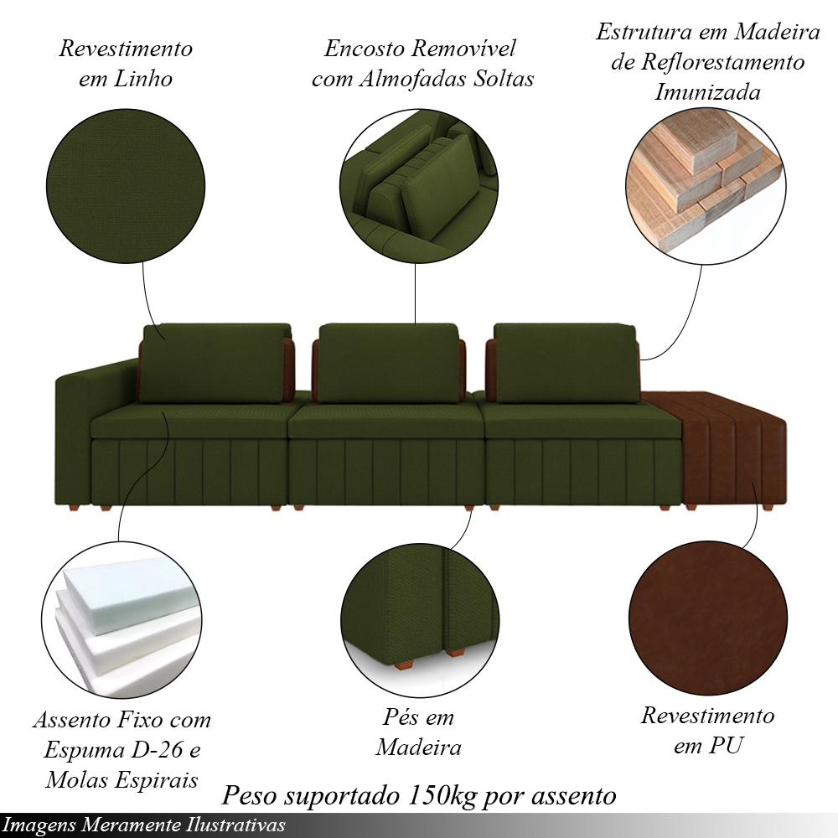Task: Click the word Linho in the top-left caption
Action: (x=143, y=79)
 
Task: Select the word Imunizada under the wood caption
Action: (x=707, y=92)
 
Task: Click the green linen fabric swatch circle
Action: (x=126, y=186)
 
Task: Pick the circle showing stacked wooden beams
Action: (x=706, y=186)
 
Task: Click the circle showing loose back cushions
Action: (x=419, y=186)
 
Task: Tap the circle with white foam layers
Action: (x=122, y=619)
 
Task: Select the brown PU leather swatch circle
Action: (x=708, y=619)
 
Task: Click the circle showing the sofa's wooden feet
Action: (x=420, y=620)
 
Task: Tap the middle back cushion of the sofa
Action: (x=389, y=363)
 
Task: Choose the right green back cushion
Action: (x=566, y=363)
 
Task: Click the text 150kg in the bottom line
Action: (x=442, y=795)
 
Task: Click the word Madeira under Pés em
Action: (x=418, y=747)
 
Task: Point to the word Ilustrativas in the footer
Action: (x=235, y=825)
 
